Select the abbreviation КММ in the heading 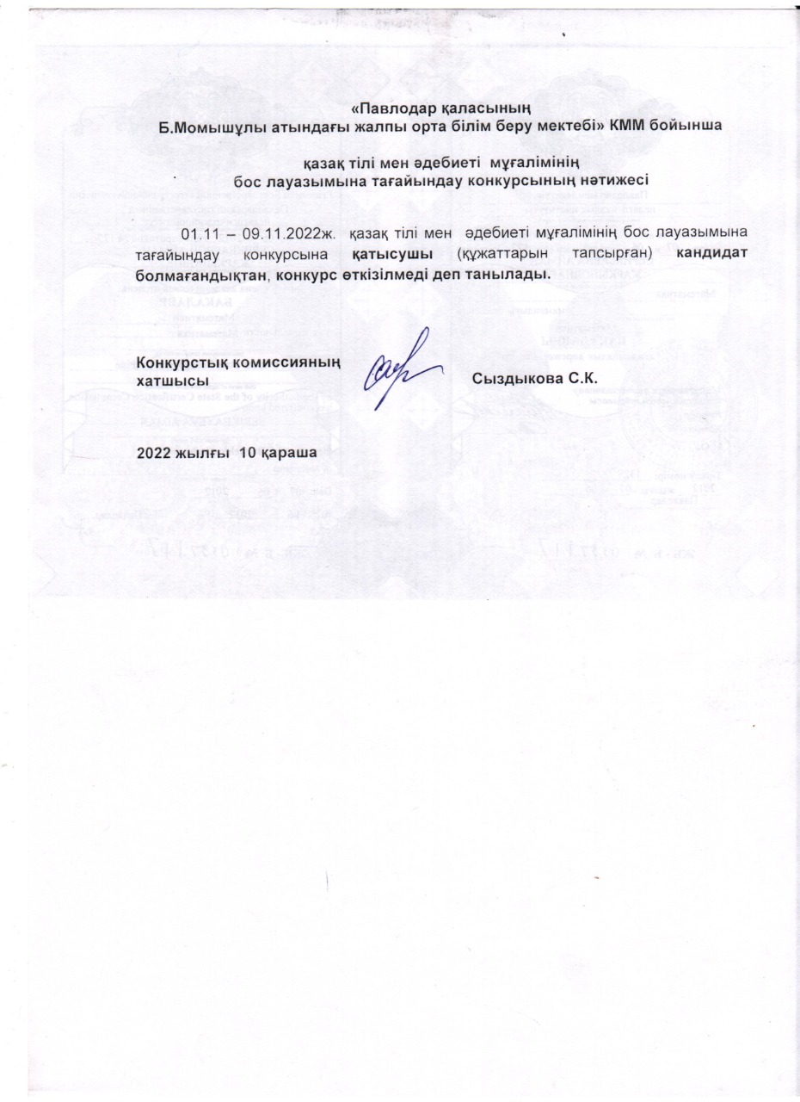(x=631, y=124)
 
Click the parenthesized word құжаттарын (x=504, y=254)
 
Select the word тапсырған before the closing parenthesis (x=612, y=254)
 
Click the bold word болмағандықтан (x=200, y=274)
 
